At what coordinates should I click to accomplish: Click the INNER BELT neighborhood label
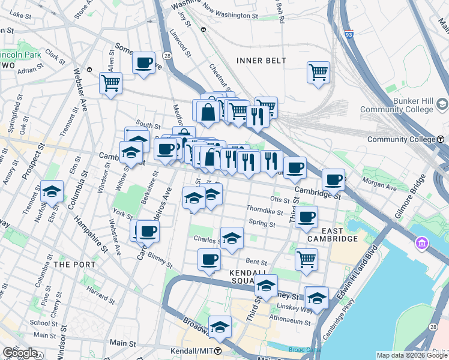pyautogui.click(x=261, y=61)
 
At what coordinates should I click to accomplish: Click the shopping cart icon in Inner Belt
pyautogui.click(x=318, y=72)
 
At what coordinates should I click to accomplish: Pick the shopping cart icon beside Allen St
pyautogui.click(x=110, y=83)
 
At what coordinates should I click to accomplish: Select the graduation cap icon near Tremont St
pyautogui.click(x=52, y=192)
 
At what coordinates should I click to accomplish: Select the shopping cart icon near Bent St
pyautogui.click(x=306, y=259)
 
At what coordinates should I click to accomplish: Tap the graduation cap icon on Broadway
pyautogui.click(x=220, y=326)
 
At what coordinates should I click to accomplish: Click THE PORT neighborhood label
pyautogui.click(x=70, y=264)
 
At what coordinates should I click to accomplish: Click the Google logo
pyautogui.click(x=19, y=353)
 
